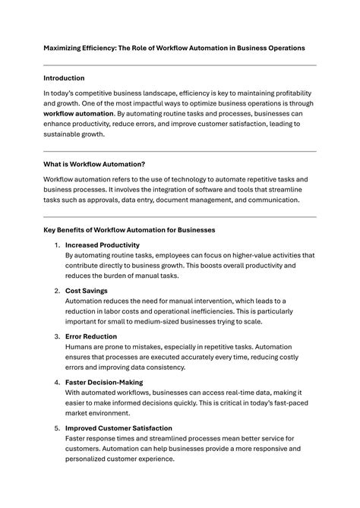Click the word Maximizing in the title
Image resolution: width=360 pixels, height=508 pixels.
pos(65,48)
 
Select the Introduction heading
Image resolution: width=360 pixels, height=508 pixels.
pos(64,78)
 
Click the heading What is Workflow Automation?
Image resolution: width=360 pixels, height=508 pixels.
pos(94,164)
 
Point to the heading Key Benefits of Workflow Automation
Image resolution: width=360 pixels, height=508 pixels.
pos(129,229)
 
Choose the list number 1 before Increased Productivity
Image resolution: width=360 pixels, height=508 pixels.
pos(57,245)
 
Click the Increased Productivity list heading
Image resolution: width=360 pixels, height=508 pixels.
pos(103,245)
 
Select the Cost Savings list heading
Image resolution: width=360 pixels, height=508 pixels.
pos(87,291)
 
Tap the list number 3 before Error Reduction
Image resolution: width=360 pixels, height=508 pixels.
pos(57,336)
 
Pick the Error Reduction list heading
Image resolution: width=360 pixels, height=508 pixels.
pos(91,336)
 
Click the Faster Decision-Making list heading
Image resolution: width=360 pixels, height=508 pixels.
pos(104,382)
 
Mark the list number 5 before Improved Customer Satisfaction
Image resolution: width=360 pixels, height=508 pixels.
pos(57,428)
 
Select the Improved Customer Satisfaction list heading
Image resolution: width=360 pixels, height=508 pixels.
pos(118,428)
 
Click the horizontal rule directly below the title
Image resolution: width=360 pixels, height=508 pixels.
pos(180,65)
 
